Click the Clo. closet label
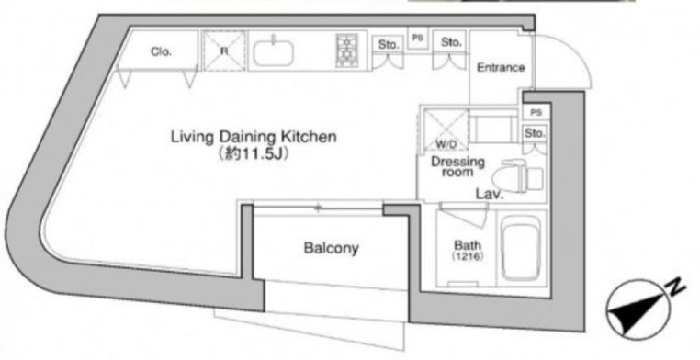161,51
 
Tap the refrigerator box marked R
224,51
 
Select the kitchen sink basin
273,53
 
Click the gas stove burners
347,51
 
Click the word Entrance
501,68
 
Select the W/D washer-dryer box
446,129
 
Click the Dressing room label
457,166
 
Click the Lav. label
490,194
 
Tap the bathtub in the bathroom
521,248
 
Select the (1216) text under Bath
468,256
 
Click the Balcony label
332,248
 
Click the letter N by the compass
677,288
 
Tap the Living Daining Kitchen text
254,137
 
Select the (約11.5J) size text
253,154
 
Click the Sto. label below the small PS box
535,133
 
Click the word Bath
468,245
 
